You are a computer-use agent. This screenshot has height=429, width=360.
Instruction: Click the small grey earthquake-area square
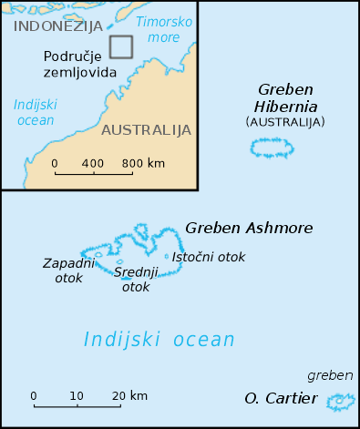point(120,46)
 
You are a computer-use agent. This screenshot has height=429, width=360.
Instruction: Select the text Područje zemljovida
point(80,64)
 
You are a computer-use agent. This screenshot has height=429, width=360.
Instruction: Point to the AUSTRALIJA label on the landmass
point(147,129)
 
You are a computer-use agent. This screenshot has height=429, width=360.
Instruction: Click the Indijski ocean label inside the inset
point(34,111)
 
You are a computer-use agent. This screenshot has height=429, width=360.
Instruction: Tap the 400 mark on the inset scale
point(93,163)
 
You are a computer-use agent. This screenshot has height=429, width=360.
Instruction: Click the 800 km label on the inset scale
point(143,163)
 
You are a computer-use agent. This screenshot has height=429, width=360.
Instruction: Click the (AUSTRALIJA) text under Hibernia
point(284,121)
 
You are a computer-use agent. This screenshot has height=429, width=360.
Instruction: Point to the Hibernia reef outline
point(273,148)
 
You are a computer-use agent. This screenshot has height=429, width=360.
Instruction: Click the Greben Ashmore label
point(249,228)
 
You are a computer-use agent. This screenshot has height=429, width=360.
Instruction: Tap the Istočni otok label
point(209,257)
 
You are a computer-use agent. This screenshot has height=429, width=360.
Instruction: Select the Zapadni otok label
point(63,270)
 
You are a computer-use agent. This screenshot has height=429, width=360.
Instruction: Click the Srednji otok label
point(135,279)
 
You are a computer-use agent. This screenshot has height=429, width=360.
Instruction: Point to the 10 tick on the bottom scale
point(77,396)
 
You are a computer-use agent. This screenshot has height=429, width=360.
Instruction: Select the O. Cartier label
point(281,398)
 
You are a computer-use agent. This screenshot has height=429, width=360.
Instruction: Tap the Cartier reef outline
point(340,400)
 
